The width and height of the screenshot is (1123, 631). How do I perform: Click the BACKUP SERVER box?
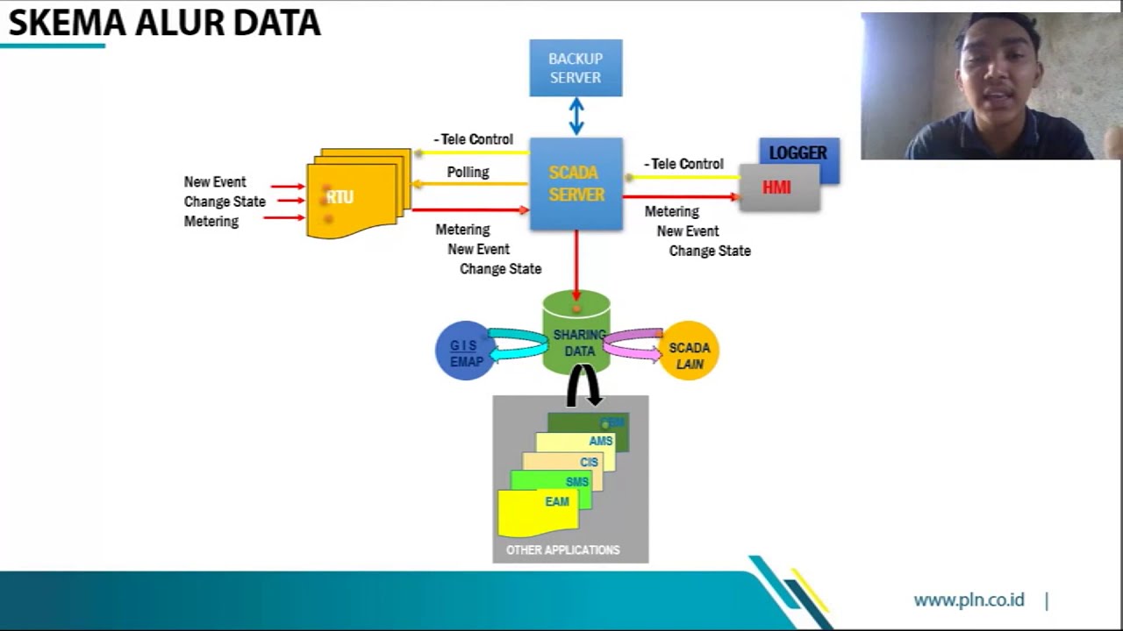(x=576, y=68)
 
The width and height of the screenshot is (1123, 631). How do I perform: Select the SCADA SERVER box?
(x=576, y=184)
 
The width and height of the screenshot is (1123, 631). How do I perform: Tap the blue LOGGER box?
(x=798, y=152)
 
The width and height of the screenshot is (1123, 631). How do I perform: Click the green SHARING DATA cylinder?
(x=576, y=333)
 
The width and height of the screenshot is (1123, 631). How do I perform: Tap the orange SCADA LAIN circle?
(x=690, y=351)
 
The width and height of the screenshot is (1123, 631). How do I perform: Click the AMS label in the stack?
(x=600, y=441)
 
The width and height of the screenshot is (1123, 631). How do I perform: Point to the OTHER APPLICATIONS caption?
(x=562, y=550)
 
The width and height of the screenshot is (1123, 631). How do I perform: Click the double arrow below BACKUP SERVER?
(x=576, y=116)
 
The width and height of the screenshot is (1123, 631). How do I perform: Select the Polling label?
(x=468, y=172)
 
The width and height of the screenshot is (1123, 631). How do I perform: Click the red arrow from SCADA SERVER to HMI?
(x=681, y=197)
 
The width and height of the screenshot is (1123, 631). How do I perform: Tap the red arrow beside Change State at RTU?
(x=287, y=202)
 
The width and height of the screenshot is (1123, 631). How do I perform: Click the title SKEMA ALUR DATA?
(x=164, y=23)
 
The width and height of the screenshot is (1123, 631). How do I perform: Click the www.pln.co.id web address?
(x=969, y=600)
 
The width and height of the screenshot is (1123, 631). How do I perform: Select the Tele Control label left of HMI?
(x=684, y=164)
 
